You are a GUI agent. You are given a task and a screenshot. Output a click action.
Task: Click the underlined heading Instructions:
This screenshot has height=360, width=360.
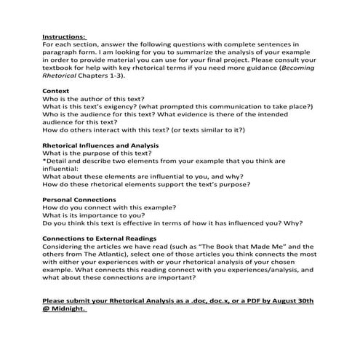click(x=64, y=36)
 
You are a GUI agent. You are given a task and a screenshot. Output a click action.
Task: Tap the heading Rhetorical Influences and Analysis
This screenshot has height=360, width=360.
click(x=95, y=145)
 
